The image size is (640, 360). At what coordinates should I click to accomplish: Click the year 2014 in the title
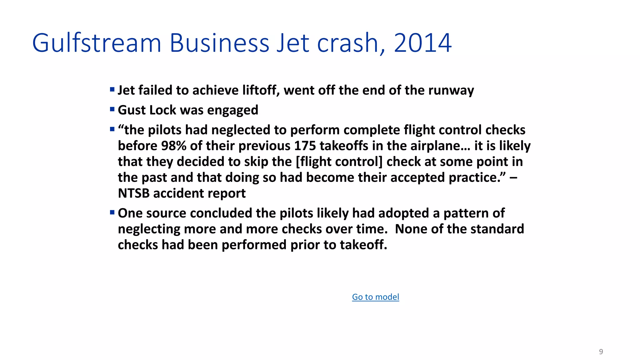pyautogui.click(x=422, y=43)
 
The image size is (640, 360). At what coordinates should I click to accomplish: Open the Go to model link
pyautogui.click(x=375, y=297)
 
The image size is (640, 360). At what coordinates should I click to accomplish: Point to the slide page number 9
pyautogui.click(x=601, y=352)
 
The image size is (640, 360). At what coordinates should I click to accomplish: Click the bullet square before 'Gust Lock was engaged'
pyautogui.click(x=112, y=109)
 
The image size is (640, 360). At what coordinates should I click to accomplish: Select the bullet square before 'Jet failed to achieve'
pyautogui.click(x=112, y=90)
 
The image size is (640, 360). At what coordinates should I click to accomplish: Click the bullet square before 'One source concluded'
pyautogui.click(x=112, y=212)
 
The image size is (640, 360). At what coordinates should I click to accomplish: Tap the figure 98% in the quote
pyautogui.click(x=174, y=146)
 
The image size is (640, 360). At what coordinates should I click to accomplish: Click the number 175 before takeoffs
pyautogui.click(x=305, y=146)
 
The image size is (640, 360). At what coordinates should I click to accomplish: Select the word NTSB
pyautogui.click(x=133, y=193)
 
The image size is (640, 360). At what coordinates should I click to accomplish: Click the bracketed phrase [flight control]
pyautogui.click(x=339, y=162)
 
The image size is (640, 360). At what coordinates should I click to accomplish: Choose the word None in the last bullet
pyautogui.click(x=411, y=229)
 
